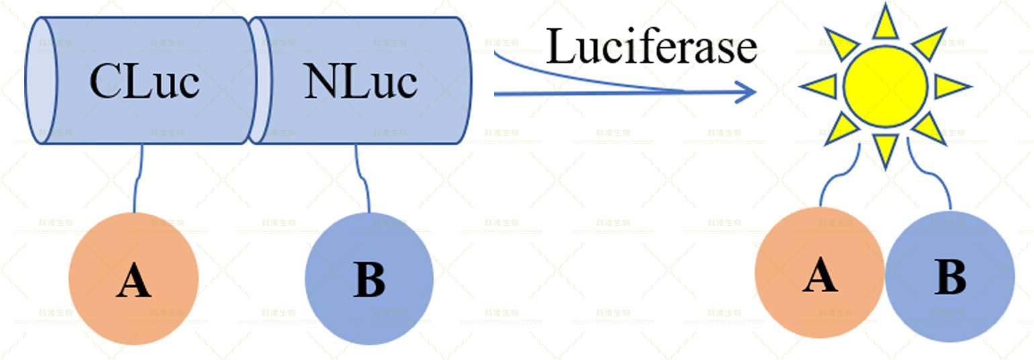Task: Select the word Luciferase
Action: (651, 47)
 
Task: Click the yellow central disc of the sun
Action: (885, 85)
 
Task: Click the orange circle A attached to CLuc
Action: (134, 278)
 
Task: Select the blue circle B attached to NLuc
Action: (369, 278)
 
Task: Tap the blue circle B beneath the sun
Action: (949, 275)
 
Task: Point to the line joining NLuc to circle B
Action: (363, 178)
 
